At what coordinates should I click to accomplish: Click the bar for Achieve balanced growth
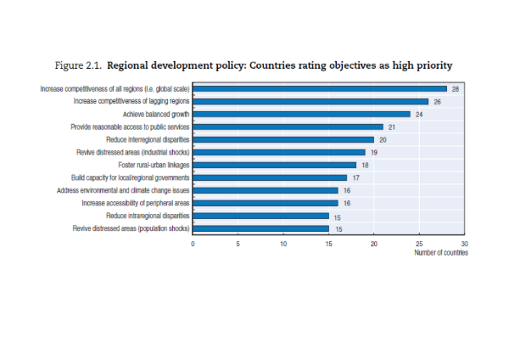click(x=301, y=114)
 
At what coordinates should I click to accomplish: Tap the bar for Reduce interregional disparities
click(x=283, y=139)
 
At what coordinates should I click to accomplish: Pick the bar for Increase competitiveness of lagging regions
click(x=310, y=101)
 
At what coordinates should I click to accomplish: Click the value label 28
click(x=456, y=88)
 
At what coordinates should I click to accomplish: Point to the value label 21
click(x=392, y=127)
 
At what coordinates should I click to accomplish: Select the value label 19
click(x=373, y=152)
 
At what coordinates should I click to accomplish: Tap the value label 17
click(x=355, y=177)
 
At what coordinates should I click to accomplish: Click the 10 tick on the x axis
click(x=283, y=244)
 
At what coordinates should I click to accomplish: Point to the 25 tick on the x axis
click(x=419, y=244)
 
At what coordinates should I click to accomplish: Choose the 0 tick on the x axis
click(x=193, y=244)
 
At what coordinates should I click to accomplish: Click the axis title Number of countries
click(x=440, y=253)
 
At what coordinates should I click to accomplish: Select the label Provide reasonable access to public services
click(x=130, y=127)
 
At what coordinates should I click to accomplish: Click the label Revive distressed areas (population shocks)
click(x=131, y=228)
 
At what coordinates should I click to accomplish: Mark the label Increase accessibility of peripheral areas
click(x=135, y=203)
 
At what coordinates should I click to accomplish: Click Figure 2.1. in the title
click(x=78, y=65)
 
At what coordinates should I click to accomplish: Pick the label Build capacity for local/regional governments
click(x=130, y=177)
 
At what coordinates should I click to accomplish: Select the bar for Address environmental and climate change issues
click(x=265, y=190)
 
